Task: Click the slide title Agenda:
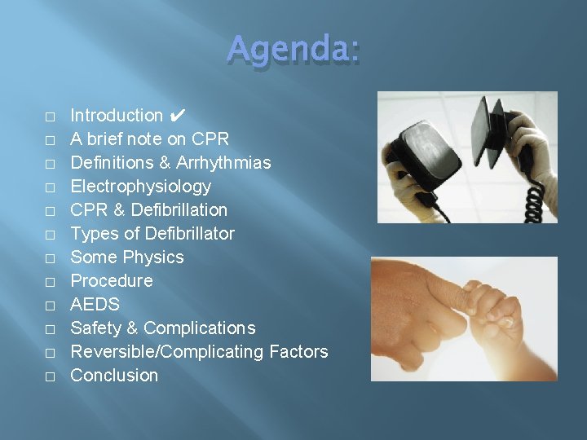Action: click(x=293, y=48)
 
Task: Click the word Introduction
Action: click(x=117, y=116)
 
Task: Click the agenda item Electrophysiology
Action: click(x=140, y=187)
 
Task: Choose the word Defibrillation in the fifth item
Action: click(x=179, y=210)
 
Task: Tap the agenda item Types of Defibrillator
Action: click(x=152, y=234)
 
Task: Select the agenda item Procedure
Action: click(x=112, y=281)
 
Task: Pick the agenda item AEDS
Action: click(x=95, y=305)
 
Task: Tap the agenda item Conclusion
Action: click(x=114, y=376)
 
